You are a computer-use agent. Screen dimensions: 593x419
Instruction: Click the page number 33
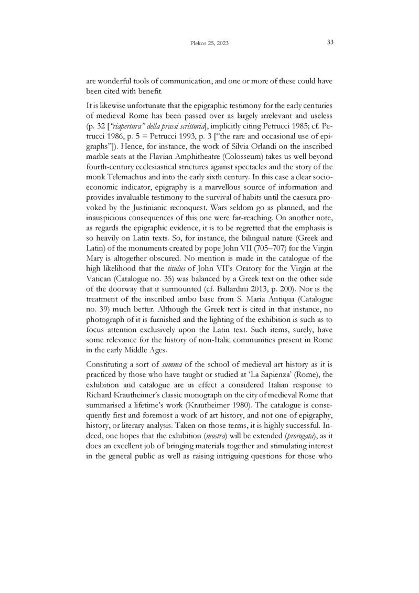[x=330, y=42]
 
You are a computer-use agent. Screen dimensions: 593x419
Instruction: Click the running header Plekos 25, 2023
[x=209, y=44]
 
